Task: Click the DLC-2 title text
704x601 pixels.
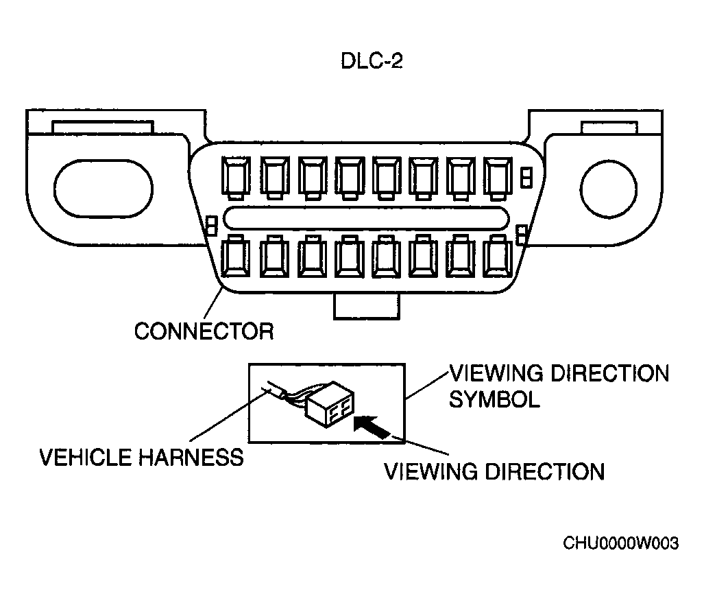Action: click(x=372, y=61)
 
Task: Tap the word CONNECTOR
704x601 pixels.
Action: click(x=204, y=332)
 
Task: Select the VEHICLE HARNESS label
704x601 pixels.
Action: click(x=142, y=458)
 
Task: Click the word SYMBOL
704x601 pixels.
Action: click(x=494, y=399)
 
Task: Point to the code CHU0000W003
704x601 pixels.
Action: click(x=621, y=543)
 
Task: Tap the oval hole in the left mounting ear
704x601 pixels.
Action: click(x=104, y=189)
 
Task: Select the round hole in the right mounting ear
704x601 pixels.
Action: click(x=608, y=189)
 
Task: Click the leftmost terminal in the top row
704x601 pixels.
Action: click(x=236, y=178)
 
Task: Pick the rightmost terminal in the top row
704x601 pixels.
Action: click(x=498, y=178)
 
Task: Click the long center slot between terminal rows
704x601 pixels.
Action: click(x=366, y=218)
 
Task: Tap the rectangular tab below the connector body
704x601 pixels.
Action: click(x=366, y=307)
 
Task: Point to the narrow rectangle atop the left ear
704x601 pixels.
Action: click(x=103, y=127)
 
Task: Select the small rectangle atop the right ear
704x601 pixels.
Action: click(x=609, y=128)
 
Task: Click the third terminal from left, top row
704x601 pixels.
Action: click(x=313, y=178)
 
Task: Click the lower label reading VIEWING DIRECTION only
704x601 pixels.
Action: click(x=495, y=471)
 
